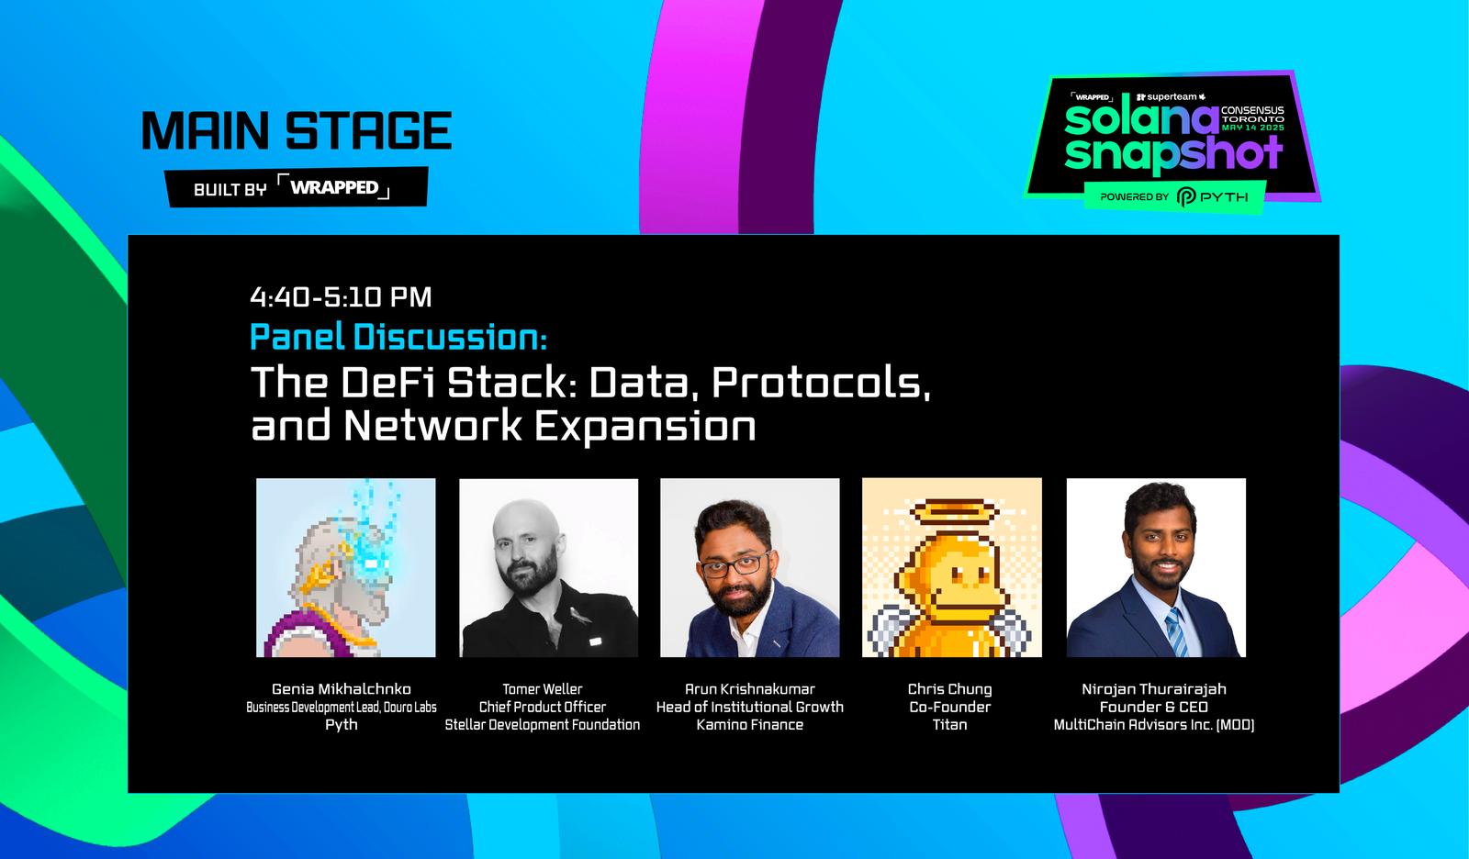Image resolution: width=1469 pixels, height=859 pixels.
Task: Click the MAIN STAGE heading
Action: pyautogui.click(x=297, y=130)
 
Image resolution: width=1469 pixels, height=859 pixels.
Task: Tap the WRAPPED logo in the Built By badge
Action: pyautogui.click(x=334, y=187)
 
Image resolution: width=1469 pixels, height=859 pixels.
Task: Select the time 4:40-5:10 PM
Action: pyautogui.click(x=341, y=297)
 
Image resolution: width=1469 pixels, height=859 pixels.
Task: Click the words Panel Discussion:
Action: pyautogui.click(x=398, y=337)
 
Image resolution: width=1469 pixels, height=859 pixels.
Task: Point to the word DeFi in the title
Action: pyautogui.click(x=387, y=383)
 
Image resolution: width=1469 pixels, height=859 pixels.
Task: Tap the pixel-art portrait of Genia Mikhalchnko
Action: pyautogui.click(x=345, y=568)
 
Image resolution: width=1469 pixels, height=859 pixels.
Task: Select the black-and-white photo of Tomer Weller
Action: pyautogui.click(x=548, y=568)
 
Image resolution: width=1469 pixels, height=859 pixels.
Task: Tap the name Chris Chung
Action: pyautogui.click(x=949, y=689)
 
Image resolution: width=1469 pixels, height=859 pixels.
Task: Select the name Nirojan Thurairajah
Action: pyautogui.click(x=1154, y=689)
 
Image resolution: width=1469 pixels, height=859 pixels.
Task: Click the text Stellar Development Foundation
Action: pyautogui.click(x=543, y=725)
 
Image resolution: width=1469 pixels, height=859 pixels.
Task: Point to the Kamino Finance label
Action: pyautogui.click(x=749, y=725)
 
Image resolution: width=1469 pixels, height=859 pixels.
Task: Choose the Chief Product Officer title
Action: pyautogui.click(x=543, y=707)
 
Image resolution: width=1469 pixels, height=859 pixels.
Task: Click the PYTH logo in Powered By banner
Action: pyautogui.click(x=1213, y=196)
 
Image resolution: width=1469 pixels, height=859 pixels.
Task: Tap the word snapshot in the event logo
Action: pyautogui.click(x=1173, y=155)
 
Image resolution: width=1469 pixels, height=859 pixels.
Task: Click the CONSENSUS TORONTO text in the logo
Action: pyautogui.click(x=1252, y=115)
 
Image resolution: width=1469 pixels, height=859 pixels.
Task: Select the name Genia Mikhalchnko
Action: pyautogui.click(x=342, y=689)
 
